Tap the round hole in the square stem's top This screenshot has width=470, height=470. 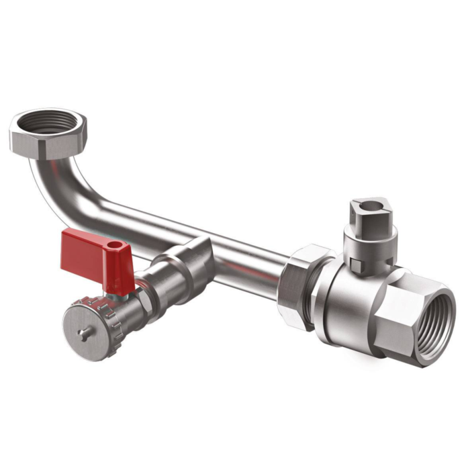point(367,203)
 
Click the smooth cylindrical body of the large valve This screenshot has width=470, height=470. point(342,302)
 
